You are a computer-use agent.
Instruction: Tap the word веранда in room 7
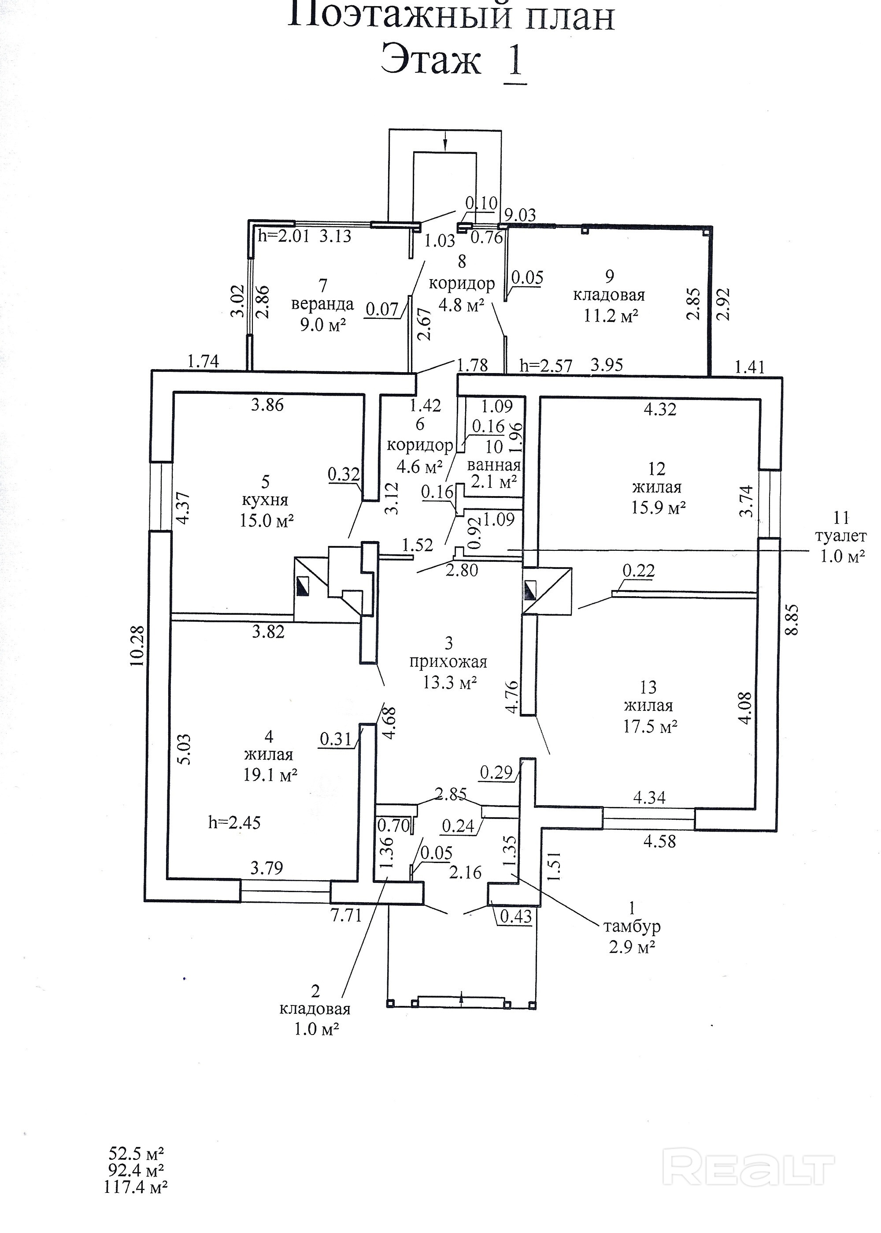pyautogui.click(x=322, y=304)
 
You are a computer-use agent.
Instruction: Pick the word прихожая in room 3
pyautogui.click(x=448, y=662)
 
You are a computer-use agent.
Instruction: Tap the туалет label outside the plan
pyautogui.click(x=840, y=536)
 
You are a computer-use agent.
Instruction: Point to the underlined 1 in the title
pyautogui.click(x=514, y=61)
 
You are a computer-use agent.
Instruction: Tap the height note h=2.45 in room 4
pyautogui.click(x=234, y=822)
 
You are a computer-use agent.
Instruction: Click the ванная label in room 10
pyautogui.click(x=494, y=465)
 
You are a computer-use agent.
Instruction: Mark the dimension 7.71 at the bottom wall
pyautogui.click(x=346, y=915)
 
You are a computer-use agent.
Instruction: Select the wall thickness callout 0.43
pyautogui.click(x=516, y=916)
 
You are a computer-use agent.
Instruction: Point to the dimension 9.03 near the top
pyautogui.click(x=520, y=215)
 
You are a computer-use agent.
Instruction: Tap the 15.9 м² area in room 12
pyautogui.click(x=658, y=507)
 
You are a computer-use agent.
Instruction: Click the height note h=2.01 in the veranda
pyautogui.click(x=283, y=236)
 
